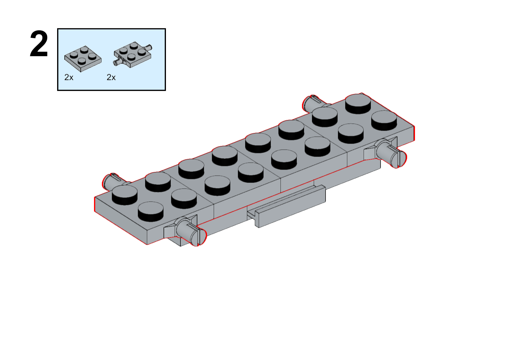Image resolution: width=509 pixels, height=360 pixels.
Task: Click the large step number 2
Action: (x=39, y=43)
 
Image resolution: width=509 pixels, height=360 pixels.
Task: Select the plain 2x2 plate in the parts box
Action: (x=83, y=59)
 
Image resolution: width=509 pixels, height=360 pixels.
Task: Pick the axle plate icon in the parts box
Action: (x=133, y=54)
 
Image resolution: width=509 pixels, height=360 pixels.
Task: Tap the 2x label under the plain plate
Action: (x=69, y=77)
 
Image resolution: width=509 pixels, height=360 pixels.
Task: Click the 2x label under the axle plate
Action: (x=111, y=77)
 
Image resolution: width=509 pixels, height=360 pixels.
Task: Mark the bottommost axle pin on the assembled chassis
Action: (x=191, y=232)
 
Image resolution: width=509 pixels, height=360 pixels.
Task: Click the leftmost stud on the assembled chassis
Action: (x=125, y=195)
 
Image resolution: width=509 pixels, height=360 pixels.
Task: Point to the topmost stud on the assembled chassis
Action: (x=358, y=104)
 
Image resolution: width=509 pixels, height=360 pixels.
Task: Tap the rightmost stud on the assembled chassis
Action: (x=384, y=121)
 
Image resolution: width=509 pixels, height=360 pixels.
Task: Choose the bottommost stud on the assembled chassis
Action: (x=151, y=211)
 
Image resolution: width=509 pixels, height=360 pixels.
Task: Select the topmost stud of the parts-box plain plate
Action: (x=84, y=50)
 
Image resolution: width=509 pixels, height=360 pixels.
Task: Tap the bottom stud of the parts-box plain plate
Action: (x=82, y=61)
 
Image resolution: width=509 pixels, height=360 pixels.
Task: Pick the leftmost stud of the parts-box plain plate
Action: (x=74, y=55)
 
